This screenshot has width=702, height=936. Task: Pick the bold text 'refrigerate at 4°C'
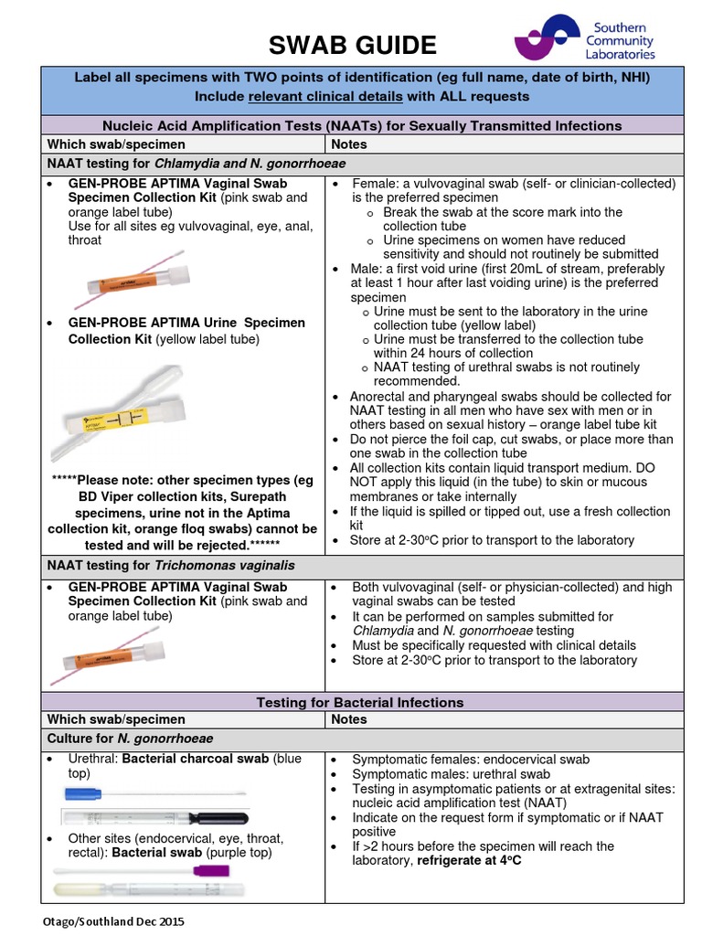tap(468, 861)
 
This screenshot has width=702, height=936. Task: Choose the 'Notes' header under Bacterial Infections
tap(349, 719)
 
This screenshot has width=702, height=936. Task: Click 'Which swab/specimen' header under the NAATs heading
tap(116, 144)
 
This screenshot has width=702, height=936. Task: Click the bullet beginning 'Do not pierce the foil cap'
tap(512, 439)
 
